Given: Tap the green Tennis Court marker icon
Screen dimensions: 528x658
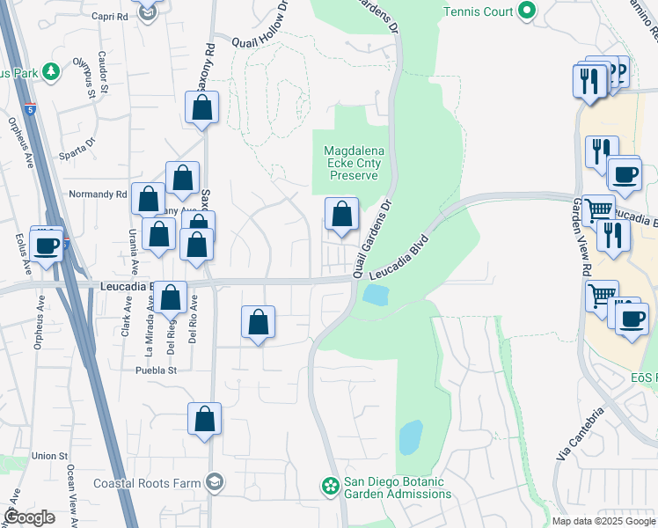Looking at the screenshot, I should [x=527, y=11].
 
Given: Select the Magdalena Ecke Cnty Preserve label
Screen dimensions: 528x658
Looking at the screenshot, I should [x=353, y=163].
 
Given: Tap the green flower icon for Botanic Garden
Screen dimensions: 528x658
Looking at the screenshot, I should [x=330, y=485].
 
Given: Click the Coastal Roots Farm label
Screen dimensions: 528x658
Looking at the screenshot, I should [x=148, y=482].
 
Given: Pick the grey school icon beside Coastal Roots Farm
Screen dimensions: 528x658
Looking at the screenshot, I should [x=215, y=481].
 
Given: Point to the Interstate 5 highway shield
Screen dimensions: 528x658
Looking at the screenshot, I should [x=31, y=110].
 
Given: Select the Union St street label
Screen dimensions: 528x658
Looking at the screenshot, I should [x=49, y=456].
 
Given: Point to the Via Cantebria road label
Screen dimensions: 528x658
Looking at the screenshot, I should [x=580, y=436].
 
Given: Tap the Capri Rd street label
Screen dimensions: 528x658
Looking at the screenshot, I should [x=109, y=16].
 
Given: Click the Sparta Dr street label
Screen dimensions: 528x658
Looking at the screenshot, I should [x=77, y=143].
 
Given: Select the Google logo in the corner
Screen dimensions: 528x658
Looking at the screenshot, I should [x=29, y=517].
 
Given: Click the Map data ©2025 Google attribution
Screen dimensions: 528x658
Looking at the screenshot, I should [x=603, y=521].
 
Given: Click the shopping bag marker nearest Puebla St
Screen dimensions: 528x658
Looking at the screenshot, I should [x=204, y=420].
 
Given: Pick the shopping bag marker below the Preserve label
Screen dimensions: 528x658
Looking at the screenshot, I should [x=341, y=215].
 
